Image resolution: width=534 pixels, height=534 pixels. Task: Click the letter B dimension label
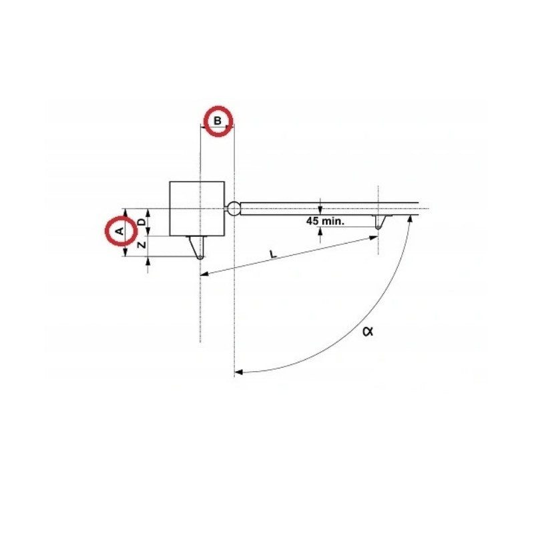(x=218, y=121)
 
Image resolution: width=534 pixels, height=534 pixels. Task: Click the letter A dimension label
(x=119, y=232)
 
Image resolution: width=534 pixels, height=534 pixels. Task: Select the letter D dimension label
(x=142, y=222)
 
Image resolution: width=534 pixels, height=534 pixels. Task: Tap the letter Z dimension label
(x=142, y=245)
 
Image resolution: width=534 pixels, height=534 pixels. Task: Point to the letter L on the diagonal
(x=273, y=254)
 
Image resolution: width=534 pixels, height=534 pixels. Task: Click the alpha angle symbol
(x=368, y=330)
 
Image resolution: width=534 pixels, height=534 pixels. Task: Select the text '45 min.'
(x=325, y=221)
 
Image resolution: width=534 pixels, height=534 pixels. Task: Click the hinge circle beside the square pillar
(x=234, y=208)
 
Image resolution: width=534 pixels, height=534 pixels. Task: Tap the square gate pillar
(x=197, y=208)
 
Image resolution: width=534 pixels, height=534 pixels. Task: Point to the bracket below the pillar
(x=197, y=247)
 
